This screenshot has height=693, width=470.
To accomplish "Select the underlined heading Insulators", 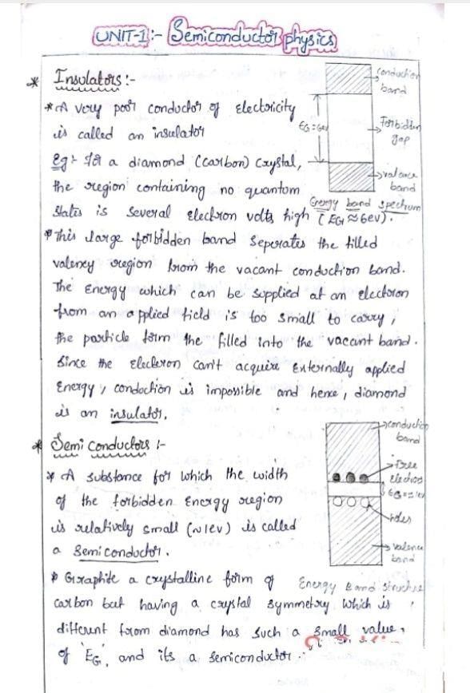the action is click(x=87, y=80).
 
